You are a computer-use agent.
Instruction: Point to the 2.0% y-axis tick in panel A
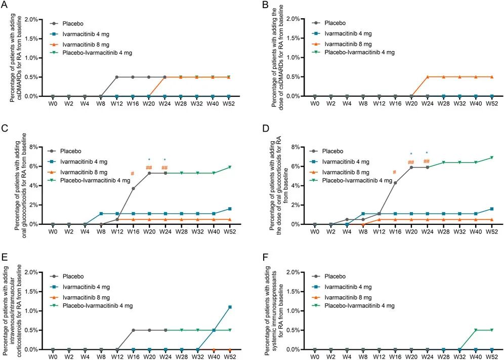[x=29, y=19]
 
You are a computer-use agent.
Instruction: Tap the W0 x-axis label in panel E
[x=52, y=356]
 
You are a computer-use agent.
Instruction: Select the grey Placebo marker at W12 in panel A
[x=117, y=77]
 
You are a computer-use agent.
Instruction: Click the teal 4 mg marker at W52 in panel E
[x=230, y=307]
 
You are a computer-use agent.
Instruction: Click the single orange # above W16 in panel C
[x=133, y=174]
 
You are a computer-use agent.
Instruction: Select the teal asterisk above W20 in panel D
[x=411, y=154]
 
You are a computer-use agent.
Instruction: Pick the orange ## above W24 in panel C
[x=164, y=168]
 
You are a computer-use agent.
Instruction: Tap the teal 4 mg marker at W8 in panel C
[x=101, y=214]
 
